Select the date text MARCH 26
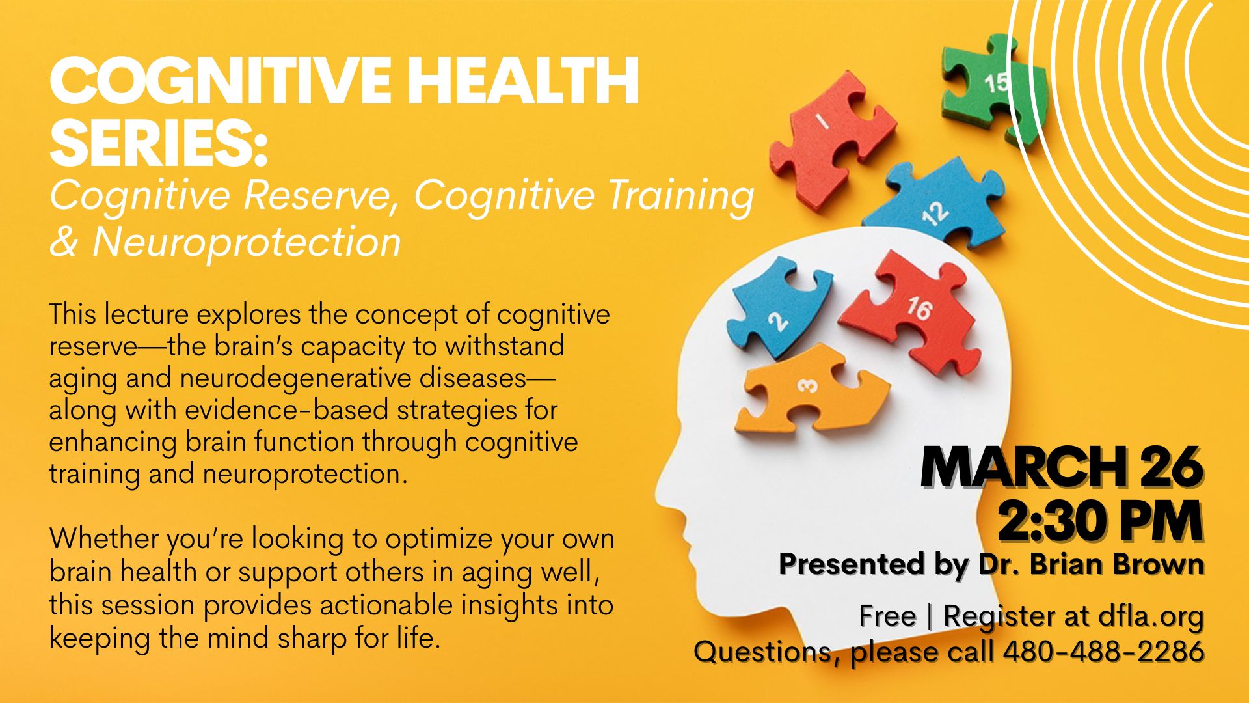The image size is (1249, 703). point(1061,467)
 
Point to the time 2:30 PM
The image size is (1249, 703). point(1100,521)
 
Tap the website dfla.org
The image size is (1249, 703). point(1151,616)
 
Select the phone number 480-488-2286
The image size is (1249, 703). point(1103,652)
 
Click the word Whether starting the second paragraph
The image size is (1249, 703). point(105,539)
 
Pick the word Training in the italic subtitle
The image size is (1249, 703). point(680,195)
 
